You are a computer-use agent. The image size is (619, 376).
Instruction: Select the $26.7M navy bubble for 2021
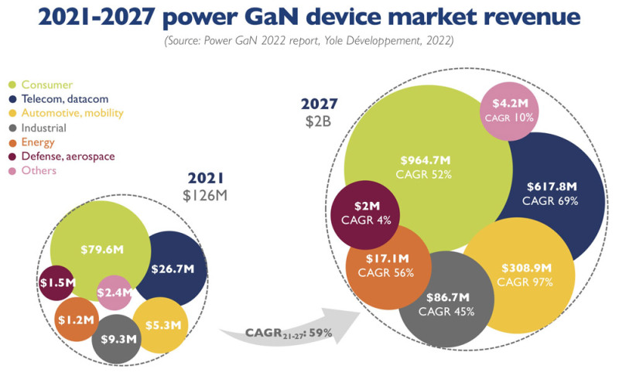[176, 268]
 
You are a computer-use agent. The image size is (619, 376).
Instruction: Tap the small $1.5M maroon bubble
[56, 283]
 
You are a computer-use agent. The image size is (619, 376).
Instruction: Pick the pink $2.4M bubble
[115, 292]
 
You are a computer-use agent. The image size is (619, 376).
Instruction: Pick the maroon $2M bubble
[366, 213]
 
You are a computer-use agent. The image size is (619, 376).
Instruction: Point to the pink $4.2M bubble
[510, 109]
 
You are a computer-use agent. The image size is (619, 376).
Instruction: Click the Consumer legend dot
[13, 84]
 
